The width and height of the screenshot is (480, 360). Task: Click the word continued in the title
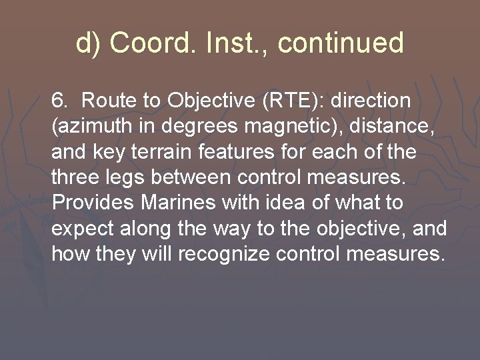click(x=341, y=43)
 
